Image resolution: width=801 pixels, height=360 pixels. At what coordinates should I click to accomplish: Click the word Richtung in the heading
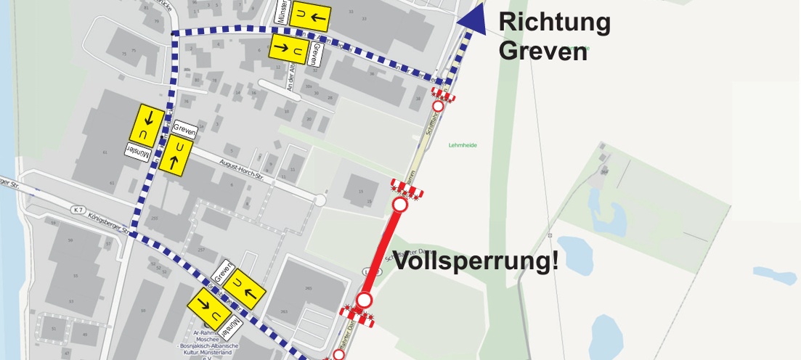pyautogui.click(x=554, y=23)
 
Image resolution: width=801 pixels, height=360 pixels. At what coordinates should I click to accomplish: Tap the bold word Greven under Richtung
pyautogui.click(x=542, y=52)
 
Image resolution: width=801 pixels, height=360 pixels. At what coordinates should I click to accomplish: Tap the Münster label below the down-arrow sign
pyautogui.click(x=140, y=151)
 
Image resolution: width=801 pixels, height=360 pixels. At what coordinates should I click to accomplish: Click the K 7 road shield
pyautogui.click(x=78, y=210)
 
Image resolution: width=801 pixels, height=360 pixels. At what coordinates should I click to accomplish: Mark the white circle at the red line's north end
pyautogui.click(x=399, y=205)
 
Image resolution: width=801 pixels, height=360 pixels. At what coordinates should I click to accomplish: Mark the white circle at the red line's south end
pyautogui.click(x=365, y=300)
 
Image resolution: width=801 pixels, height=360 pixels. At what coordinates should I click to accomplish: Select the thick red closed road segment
pyautogui.click(x=382, y=253)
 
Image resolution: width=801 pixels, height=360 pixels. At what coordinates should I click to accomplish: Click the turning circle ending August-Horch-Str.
pyautogui.click(x=317, y=199)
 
